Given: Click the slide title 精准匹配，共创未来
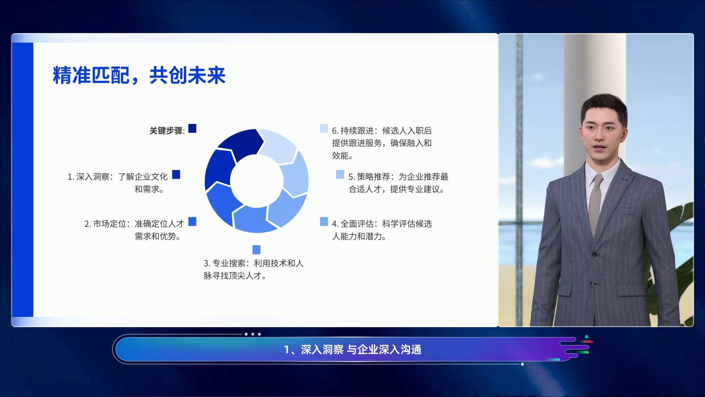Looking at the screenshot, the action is [x=139, y=75].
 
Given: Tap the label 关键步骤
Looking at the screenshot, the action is [x=166, y=130].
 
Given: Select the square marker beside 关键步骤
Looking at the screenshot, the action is [x=192, y=128].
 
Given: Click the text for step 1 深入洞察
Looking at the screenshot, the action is [x=117, y=183].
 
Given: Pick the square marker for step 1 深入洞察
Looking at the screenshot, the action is [x=176, y=174].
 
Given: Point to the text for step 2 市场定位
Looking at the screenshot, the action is [x=134, y=230].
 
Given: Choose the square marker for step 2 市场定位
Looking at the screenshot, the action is [x=192, y=221].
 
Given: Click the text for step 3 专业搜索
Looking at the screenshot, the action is [x=254, y=269].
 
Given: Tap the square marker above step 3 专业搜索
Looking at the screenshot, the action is [x=257, y=250].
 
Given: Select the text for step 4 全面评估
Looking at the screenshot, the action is [x=382, y=230].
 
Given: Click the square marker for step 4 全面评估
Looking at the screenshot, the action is [x=324, y=221].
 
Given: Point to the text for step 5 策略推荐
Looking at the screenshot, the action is [x=398, y=183].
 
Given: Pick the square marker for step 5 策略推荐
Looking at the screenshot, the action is [x=340, y=174].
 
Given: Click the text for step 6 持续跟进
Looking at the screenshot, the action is [x=382, y=143].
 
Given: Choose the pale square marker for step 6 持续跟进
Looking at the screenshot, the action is [x=324, y=128].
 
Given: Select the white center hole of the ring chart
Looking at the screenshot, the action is [x=257, y=180].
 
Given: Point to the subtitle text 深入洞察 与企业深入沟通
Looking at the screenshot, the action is [x=361, y=350].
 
